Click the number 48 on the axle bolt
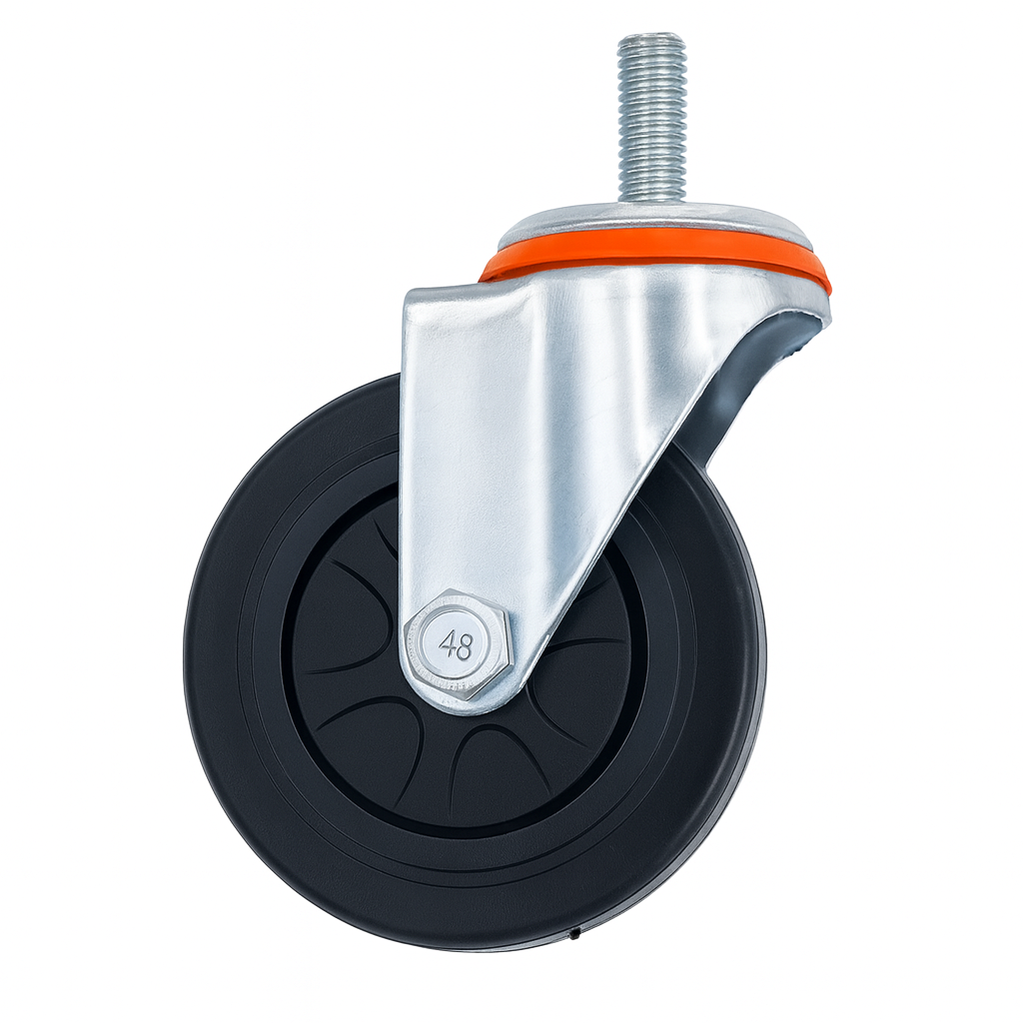coord(457,645)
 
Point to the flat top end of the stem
coord(651,39)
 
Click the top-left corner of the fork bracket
coord(408,296)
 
